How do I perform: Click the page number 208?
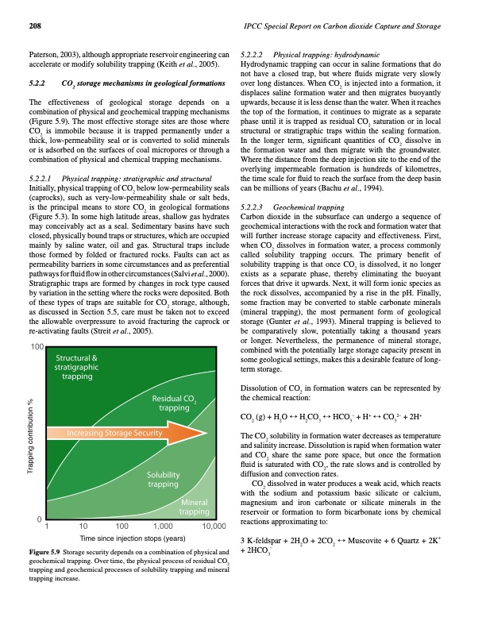(35, 27)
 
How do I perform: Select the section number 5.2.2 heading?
(36, 82)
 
